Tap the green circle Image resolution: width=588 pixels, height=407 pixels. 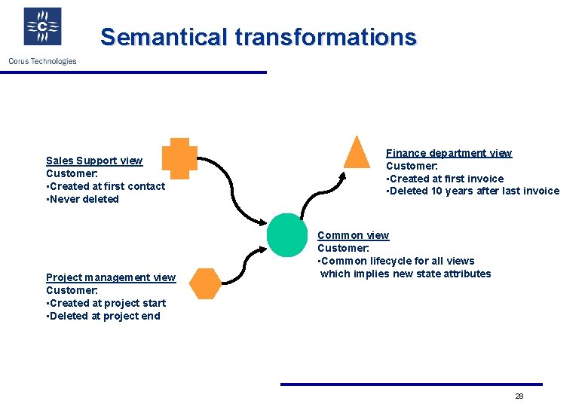click(x=287, y=235)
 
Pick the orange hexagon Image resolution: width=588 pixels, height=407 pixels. click(x=205, y=283)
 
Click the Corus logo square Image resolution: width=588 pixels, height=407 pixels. click(x=43, y=27)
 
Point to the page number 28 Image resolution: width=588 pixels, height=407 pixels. click(x=519, y=396)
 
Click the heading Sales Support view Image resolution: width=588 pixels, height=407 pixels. click(x=94, y=161)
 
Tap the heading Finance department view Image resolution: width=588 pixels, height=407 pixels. click(x=449, y=153)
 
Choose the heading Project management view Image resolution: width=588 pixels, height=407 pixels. click(x=111, y=277)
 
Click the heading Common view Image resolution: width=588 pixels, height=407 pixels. click(x=353, y=235)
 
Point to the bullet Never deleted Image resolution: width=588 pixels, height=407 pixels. click(x=83, y=199)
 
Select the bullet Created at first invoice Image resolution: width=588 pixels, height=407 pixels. click(x=445, y=179)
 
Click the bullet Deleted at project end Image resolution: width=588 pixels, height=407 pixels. click(x=103, y=316)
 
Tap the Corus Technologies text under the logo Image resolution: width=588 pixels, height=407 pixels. click(x=42, y=61)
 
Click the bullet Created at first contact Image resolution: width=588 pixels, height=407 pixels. click(x=106, y=186)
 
